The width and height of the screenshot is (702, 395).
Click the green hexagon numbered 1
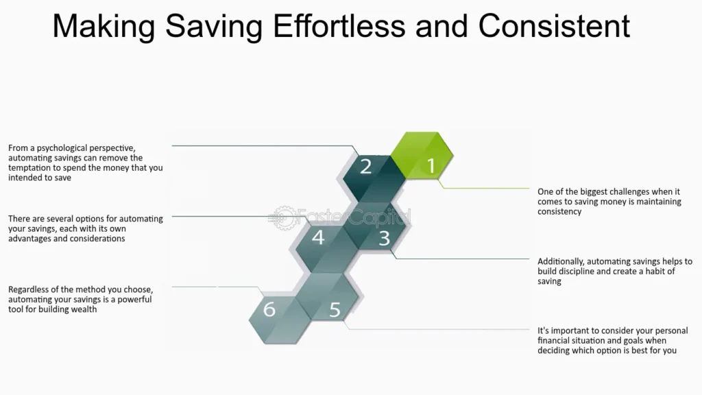coord(422,156)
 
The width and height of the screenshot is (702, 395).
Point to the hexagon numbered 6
coord(280,320)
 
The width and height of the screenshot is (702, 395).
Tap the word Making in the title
coord(104,27)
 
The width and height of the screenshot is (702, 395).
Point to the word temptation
coord(29,168)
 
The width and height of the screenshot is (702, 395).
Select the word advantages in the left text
coord(29,239)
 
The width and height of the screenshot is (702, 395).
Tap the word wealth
coord(84,309)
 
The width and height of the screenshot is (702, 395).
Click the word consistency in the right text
coord(559,211)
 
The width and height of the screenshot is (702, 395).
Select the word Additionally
coord(561,261)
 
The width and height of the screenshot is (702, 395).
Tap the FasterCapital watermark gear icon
coord(285,218)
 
